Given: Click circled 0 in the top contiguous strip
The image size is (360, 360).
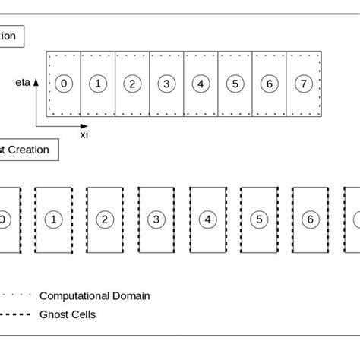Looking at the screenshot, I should pyautogui.click(x=65, y=84).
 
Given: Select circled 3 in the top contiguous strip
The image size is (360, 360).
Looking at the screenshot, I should pyautogui.click(x=166, y=84).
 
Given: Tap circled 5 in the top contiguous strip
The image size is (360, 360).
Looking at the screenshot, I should pyautogui.click(x=235, y=84).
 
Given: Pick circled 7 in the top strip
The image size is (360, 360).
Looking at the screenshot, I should pyautogui.click(x=303, y=84).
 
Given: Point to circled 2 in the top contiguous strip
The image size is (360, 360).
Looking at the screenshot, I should pyautogui.click(x=132, y=84).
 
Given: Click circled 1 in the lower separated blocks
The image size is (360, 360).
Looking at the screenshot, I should pyautogui.click(x=53, y=219).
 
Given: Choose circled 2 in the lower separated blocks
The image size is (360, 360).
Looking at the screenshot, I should pyautogui.click(x=104, y=219).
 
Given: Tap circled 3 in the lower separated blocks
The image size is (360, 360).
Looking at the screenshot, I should pyautogui.click(x=156, y=219).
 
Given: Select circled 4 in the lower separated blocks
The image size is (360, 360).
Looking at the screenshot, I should pyautogui.click(x=207, y=219).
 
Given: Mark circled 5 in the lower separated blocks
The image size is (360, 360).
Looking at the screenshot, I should pyautogui.click(x=259, y=219).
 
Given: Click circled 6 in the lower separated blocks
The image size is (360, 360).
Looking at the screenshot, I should pyautogui.click(x=310, y=219).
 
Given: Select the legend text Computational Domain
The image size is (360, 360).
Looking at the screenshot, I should pyautogui.click(x=94, y=296).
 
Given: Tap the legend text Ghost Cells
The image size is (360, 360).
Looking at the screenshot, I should pyautogui.click(x=68, y=314).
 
